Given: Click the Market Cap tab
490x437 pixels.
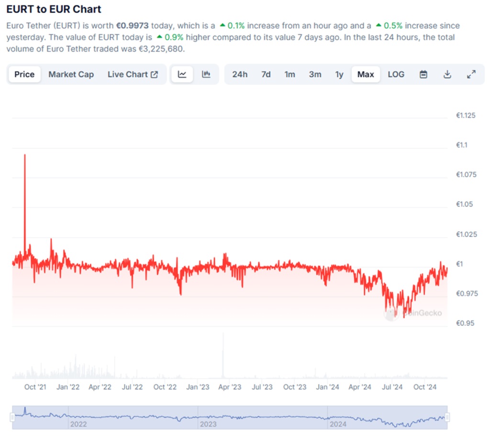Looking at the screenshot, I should (x=71, y=75).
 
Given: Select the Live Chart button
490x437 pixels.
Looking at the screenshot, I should (x=133, y=75).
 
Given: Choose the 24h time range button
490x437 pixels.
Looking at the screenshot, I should (x=240, y=75).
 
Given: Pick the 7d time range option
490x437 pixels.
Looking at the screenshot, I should (x=266, y=75).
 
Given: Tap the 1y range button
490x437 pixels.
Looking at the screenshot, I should (x=339, y=75).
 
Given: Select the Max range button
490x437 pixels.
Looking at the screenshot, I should (x=366, y=75).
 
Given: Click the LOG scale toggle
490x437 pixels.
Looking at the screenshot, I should (x=396, y=75).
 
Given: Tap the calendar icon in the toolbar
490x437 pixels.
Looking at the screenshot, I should (x=423, y=75).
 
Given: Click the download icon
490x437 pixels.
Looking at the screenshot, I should (x=447, y=75).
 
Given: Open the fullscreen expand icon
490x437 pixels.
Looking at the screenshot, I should (x=471, y=75).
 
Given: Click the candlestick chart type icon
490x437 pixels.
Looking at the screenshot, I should (x=206, y=75).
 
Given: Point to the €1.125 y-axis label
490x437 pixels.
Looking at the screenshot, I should (x=466, y=116).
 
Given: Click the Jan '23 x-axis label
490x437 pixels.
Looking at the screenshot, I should (x=197, y=387).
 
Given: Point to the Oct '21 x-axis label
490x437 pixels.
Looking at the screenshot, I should (x=36, y=387).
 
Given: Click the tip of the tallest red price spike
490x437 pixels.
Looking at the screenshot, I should (x=25, y=155).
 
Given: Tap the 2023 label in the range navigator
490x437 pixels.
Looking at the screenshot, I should (x=208, y=424).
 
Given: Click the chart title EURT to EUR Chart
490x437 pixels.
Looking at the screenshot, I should (x=54, y=9).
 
